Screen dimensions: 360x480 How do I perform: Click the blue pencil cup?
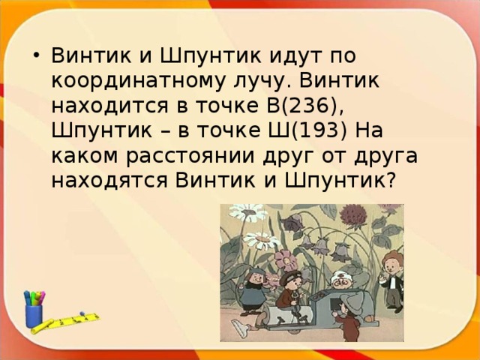(34, 314)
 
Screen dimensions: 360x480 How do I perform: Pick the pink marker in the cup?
(41, 295)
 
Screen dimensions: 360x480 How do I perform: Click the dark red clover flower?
(350, 215)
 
